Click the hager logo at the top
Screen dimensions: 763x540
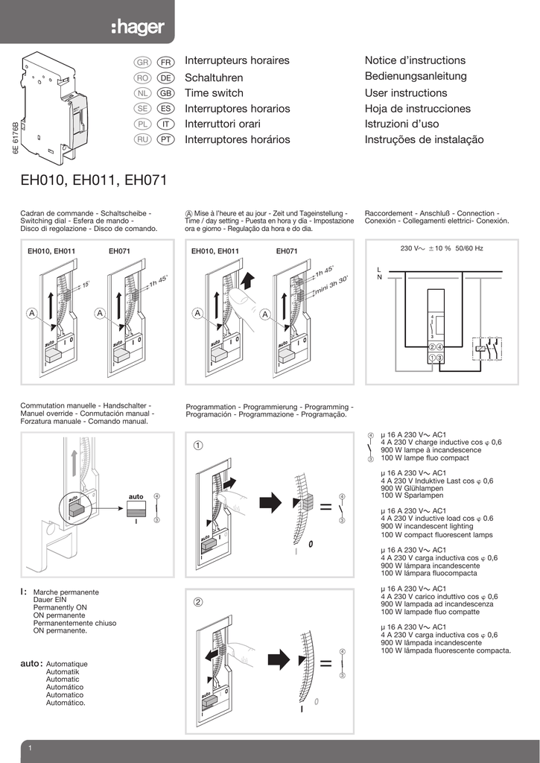pyautogui.click(x=138, y=28)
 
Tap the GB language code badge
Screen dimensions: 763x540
pyautogui.click(x=165, y=93)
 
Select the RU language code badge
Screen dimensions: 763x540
pyautogui.click(x=143, y=139)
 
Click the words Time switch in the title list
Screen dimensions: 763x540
pyautogui.click(x=214, y=93)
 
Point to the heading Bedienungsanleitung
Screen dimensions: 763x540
pyautogui.click(x=416, y=76)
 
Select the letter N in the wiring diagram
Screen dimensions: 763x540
pyautogui.click(x=379, y=277)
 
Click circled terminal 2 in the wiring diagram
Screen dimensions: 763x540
pyautogui.click(x=432, y=347)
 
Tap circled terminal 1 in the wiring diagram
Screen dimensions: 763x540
pyautogui.click(x=432, y=359)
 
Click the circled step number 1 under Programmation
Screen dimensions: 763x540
pyautogui.click(x=198, y=446)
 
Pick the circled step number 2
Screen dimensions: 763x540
pyautogui.click(x=198, y=602)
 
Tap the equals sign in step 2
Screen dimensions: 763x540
pyautogui.click(x=325, y=662)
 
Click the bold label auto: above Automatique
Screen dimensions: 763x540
pyautogui.click(x=31, y=662)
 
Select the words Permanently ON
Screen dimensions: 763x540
pyautogui.click(x=60, y=607)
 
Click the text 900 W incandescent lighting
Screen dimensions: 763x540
pyautogui.click(x=427, y=526)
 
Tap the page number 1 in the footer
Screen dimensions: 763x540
pyautogui.click(x=29, y=748)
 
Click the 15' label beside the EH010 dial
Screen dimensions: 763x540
pyautogui.click(x=86, y=285)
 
